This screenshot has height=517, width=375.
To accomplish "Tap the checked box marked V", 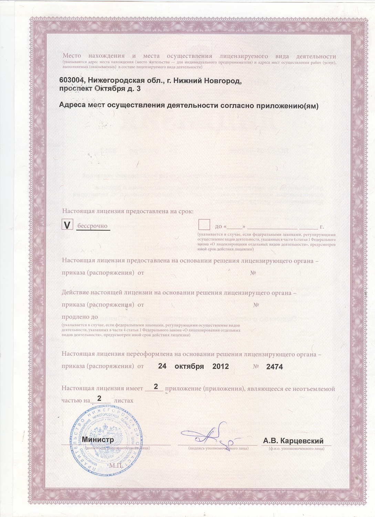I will (x=67, y=225).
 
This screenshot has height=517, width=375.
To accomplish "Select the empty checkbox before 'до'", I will (x=205, y=225).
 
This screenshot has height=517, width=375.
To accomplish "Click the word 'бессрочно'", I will (x=92, y=226).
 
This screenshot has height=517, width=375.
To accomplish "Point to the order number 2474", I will (x=274, y=367).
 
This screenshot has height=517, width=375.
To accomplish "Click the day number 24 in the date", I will (x=162, y=366).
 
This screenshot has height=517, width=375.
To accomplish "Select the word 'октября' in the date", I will (x=189, y=366).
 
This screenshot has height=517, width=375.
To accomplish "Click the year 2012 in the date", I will (x=221, y=366).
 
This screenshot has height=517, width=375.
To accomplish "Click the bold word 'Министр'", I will (x=97, y=440).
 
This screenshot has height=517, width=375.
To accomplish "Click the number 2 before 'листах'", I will (x=100, y=398).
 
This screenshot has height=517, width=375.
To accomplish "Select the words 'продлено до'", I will (x=80, y=317).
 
